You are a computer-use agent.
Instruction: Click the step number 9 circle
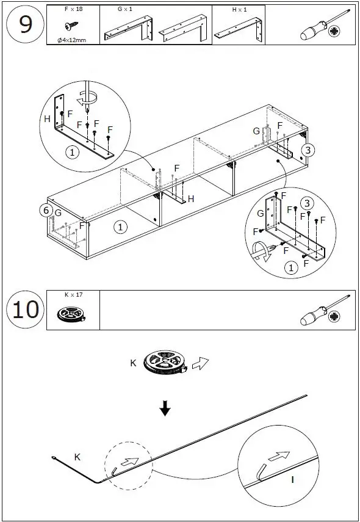[x=25, y=24]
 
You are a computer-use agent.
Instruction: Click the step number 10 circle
[x=25, y=310]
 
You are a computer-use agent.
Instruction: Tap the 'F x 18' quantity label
[x=73, y=9]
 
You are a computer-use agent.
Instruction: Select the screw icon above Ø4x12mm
[x=71, y=25]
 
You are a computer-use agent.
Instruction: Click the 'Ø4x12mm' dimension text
[x=71, y=40]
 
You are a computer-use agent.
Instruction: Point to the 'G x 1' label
[x=124, y=9]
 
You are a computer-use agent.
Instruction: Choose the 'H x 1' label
[x=240, y=10]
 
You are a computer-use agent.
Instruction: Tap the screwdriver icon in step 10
[x=325, y=310]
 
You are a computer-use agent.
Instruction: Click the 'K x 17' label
[x=73, y=295]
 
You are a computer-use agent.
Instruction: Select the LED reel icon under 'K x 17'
[x=71, y=314]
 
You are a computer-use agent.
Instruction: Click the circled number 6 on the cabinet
[x=46, y=211]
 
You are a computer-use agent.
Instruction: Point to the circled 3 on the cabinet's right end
[x=308, y=150]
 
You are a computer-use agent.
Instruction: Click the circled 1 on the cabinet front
[x=120, y=227]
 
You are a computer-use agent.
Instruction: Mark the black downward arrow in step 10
[x=165, y=409]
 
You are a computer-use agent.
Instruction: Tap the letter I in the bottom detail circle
[x=292, y=480]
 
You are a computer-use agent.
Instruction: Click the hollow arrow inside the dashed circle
[x=130, y=462]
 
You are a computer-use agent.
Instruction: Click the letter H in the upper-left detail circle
[x=47, y=118]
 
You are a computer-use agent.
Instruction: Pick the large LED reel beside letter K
[x=165, y=362]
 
